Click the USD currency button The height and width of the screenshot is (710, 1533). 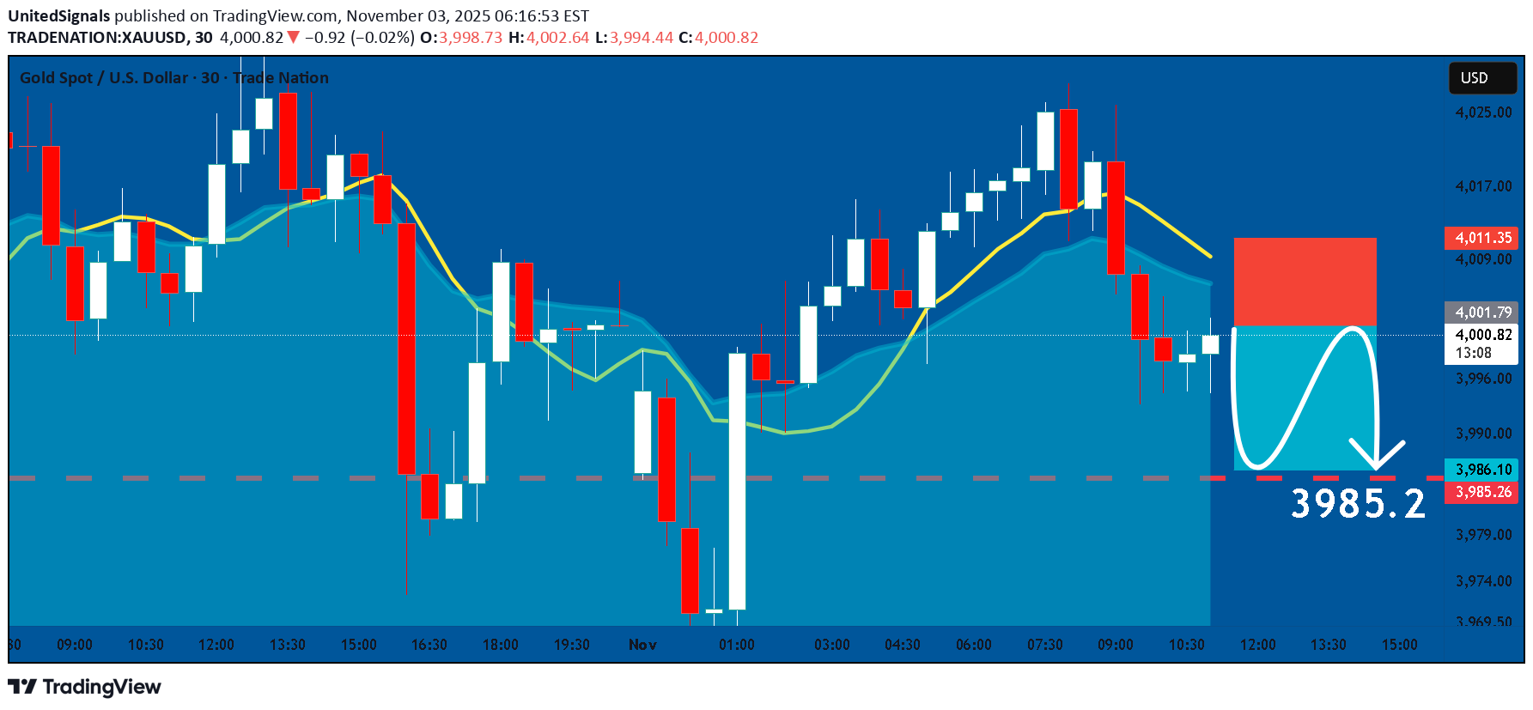(x=1481, y=78)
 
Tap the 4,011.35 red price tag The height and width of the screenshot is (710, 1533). (x=1482, y=238)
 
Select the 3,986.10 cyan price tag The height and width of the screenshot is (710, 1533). (x=1482, y=470)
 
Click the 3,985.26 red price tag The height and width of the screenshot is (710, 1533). (x=1482, y=492)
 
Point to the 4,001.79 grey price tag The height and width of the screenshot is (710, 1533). (x=1482, y=313)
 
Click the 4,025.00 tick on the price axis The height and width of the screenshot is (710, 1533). (x=1483, y=112)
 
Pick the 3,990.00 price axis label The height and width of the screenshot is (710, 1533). (x=1483, y=434)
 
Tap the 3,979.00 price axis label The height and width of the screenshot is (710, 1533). (x=1483, y=535)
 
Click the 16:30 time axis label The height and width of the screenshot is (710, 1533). (x=429, y=645)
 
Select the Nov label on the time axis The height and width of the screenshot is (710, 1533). (x=642, y=645)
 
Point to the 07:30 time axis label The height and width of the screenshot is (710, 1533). (x=1044, y=645)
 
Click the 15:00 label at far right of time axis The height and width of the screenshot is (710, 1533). (x=1399, y=645)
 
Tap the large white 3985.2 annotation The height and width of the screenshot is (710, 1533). (x=1358, y=504)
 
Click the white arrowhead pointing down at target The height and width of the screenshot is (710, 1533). (x=1377, y=453)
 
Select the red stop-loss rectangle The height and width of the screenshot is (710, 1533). (x=1305, y=282)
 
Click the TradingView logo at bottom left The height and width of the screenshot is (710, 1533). (x=84, y=687)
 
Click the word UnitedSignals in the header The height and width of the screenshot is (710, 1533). (x=59, y=16)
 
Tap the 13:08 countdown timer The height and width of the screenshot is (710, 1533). (x=1473, y=353)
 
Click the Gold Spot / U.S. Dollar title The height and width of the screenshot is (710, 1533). (x=103, y=78)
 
